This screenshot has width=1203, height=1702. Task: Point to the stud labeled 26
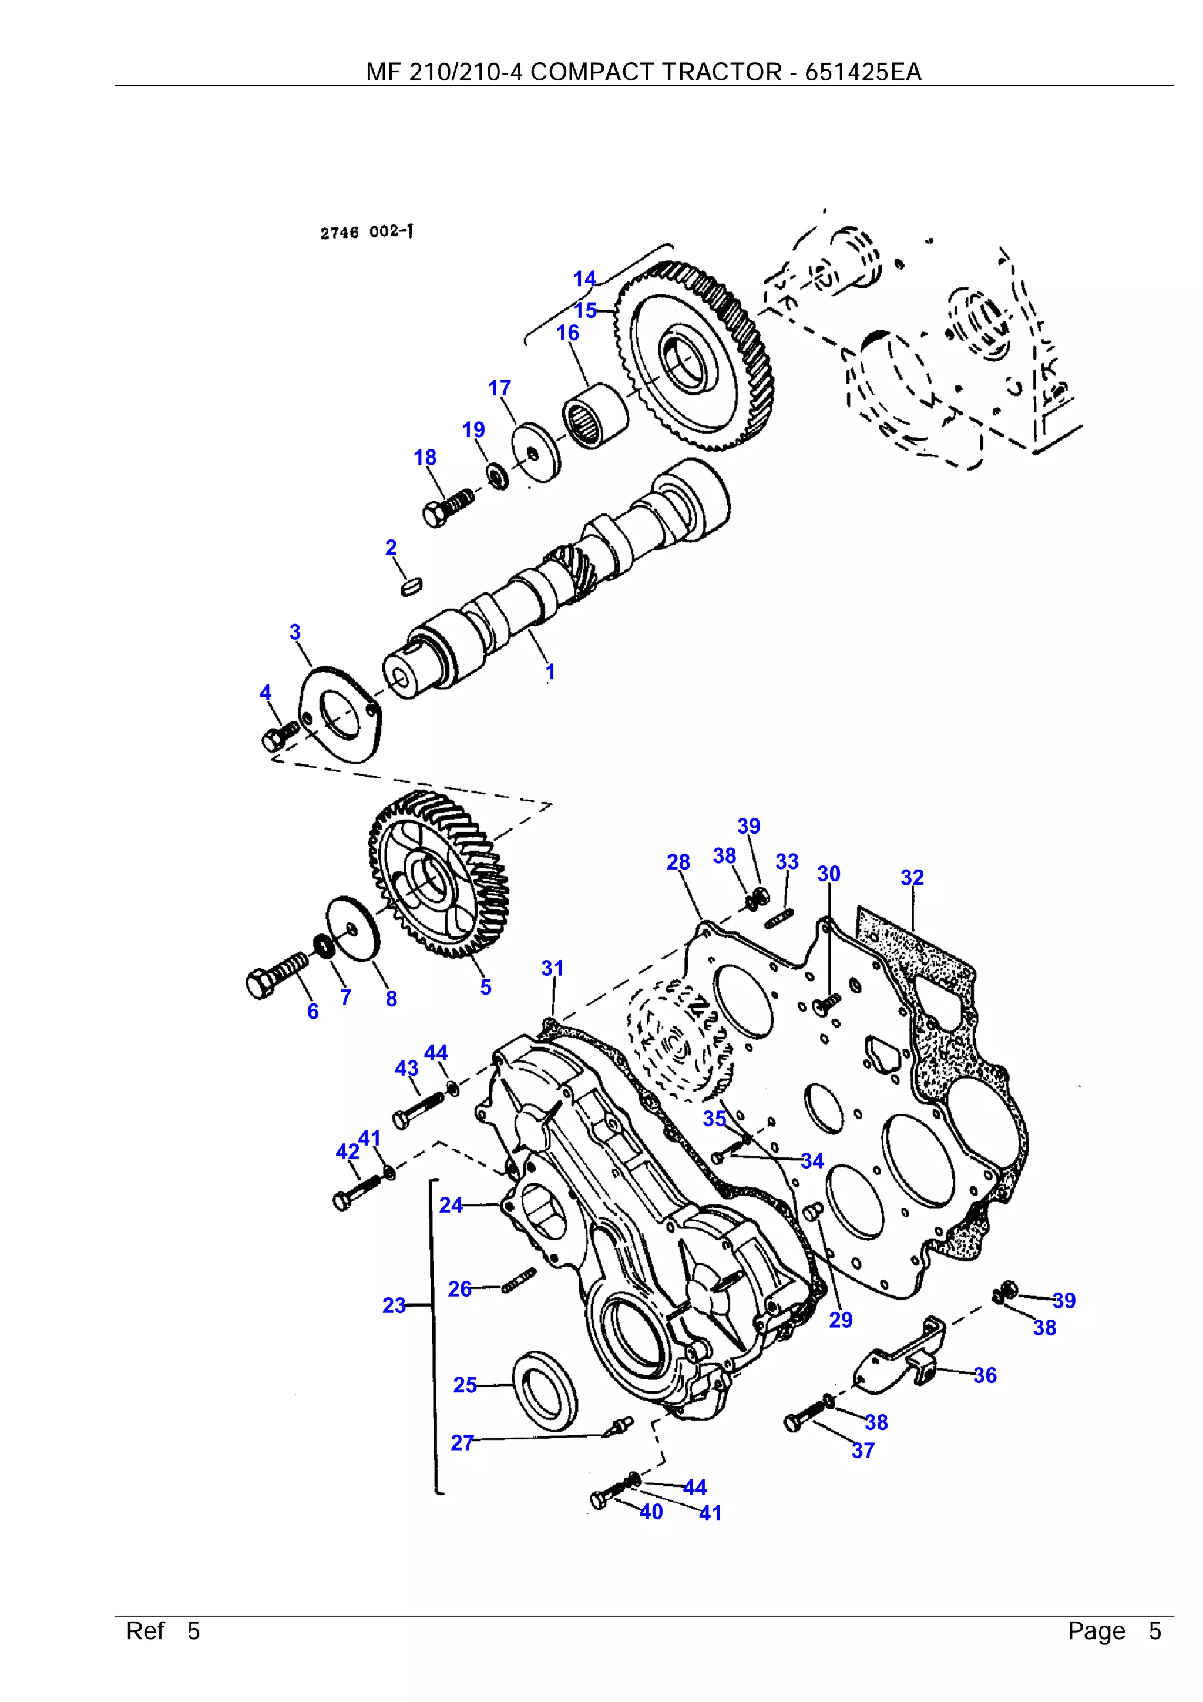[518, 1280]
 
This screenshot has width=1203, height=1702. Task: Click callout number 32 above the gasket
[912, 878]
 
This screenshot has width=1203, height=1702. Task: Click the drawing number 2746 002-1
[366, 232]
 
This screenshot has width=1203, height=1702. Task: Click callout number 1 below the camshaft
[550, 672]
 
